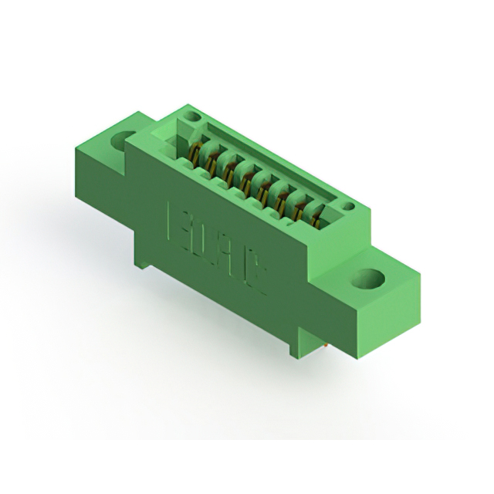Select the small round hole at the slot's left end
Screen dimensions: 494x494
(194, 117)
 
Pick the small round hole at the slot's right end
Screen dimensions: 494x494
(348, 206)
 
